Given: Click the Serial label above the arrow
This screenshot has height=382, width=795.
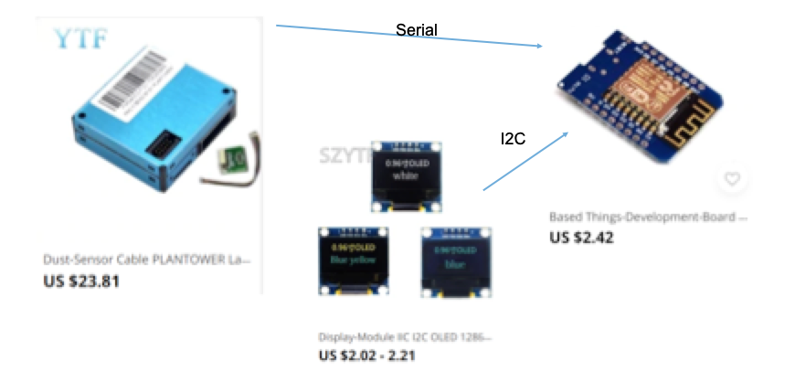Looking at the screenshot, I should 417,30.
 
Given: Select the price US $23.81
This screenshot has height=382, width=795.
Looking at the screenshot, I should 81,281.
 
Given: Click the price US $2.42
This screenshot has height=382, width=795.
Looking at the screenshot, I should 581,238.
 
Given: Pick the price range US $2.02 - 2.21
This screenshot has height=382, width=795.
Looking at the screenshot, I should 366,355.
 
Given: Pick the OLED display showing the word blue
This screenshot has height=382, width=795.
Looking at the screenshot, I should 453,260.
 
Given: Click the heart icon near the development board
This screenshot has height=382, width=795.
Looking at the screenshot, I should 731,179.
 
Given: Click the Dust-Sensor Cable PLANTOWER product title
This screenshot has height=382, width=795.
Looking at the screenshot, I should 146,260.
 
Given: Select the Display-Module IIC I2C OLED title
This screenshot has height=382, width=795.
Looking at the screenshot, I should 405,335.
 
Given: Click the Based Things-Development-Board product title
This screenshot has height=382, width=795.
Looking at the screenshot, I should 649,218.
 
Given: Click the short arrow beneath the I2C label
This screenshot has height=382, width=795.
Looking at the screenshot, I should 526,161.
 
